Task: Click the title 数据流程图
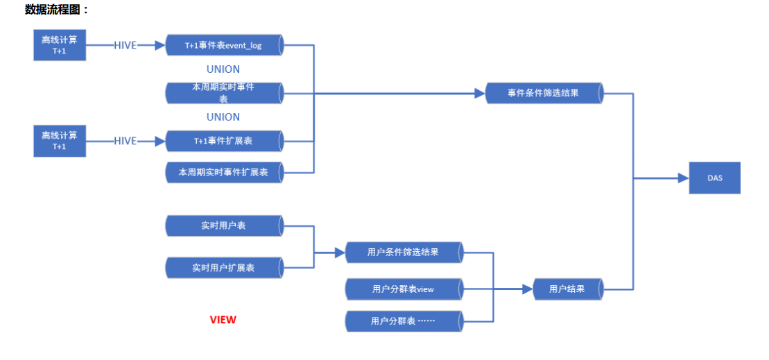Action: (x=56, y=10)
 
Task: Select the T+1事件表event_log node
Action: (x=223, y=45)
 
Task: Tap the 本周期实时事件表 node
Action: (x=223, y=93)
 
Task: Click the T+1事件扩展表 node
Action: (x=223, y=141)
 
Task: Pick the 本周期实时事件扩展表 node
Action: (x=223, y=171)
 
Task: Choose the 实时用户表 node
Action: (x=223, y=226)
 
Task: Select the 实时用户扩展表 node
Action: (x=223, y=267)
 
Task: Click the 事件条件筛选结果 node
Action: (x=543, y=93)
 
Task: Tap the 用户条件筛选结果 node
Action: (x=404, y=252)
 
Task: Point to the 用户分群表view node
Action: (x=404, y=289)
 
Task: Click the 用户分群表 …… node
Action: (x=404, y=321)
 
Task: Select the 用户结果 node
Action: (x=567, y=289)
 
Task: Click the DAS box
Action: (x=714, y=178)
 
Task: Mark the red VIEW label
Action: (x=223, y=320)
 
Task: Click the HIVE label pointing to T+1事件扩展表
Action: (x=126, y=141)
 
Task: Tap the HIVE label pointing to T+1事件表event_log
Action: (x=126, y=45)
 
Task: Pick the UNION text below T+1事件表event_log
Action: (x=223, y=69)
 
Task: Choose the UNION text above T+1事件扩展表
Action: (x=223, y=117)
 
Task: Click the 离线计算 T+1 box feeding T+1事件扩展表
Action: (x=60, y=141)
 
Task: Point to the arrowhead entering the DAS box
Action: (x=683, y=178)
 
